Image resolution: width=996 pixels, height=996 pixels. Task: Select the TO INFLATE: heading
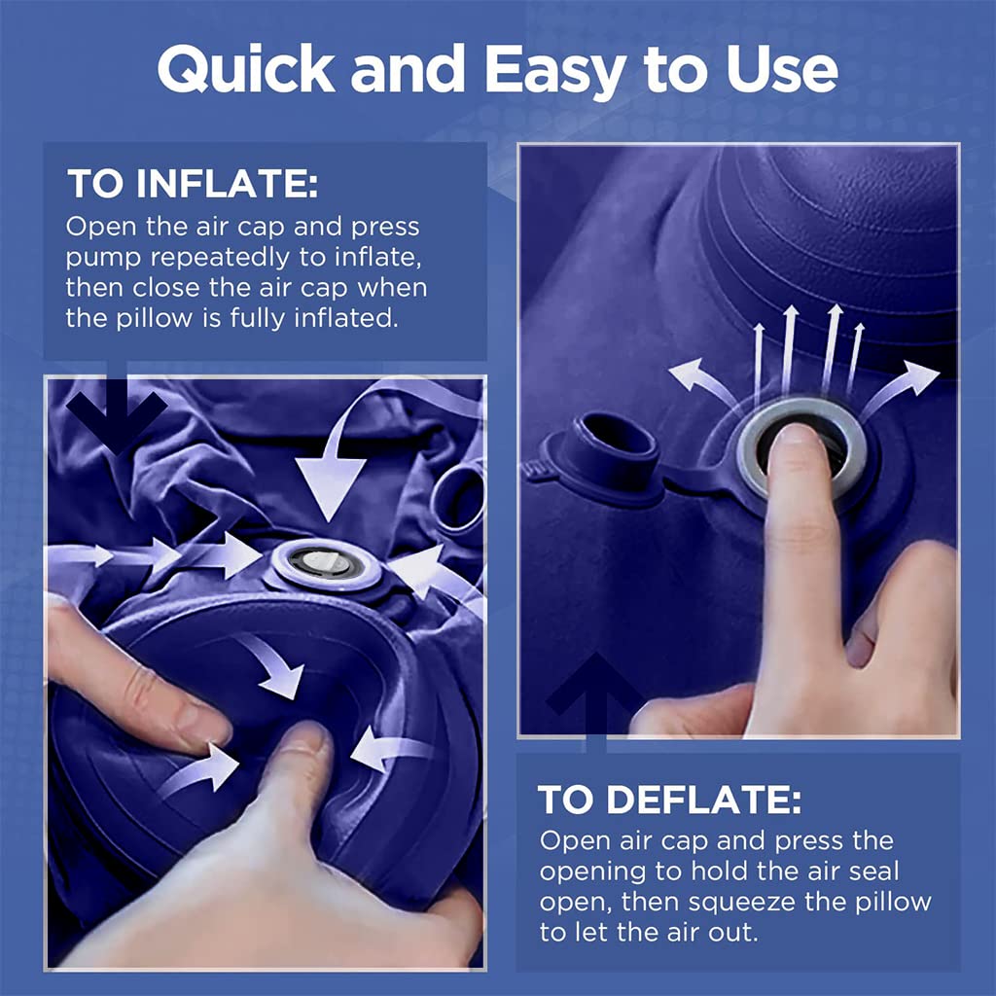point(192,184)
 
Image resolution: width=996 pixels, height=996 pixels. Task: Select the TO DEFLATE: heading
point(670,800)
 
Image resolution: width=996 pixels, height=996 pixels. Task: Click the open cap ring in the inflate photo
point(459,497)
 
